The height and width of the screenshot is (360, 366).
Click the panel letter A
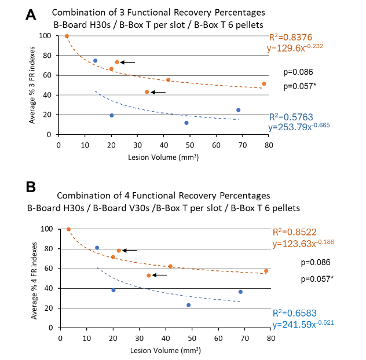point(32,14)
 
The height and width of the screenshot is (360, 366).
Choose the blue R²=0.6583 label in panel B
point(295,313)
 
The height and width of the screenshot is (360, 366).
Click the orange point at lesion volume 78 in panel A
point(264,84)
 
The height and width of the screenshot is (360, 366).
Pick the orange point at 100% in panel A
point(67,36)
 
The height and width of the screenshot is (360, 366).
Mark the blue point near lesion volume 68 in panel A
point(238,110)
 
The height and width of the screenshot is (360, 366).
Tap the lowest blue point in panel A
point(186,123)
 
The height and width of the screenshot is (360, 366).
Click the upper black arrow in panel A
point(128,62)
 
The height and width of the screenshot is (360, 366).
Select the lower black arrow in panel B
point(160,275)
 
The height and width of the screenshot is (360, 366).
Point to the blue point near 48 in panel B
point(189,305)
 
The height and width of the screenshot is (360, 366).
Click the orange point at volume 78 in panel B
point(266,271)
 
